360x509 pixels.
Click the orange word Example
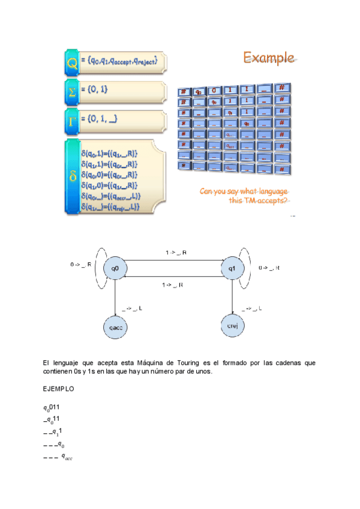(268, 58)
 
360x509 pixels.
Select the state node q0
(115, 268)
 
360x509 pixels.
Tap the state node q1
(232, 268)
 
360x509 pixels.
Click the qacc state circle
(115, 327)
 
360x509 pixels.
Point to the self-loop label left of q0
(81, 264)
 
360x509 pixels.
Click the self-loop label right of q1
(269, 268)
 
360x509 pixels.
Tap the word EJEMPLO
(59, 389)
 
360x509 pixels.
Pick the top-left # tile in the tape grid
(183, 92)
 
